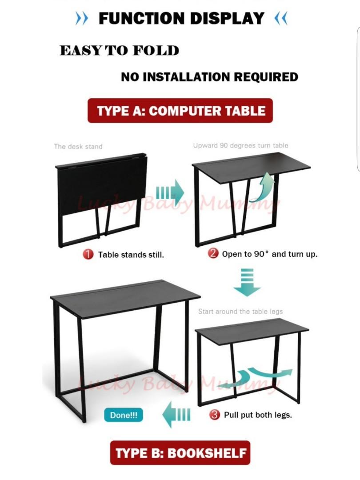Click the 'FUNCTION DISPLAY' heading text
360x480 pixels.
coord(181,19)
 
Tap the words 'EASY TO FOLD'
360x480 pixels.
coord(119,51)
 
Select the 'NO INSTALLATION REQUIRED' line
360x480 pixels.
coord(209,77)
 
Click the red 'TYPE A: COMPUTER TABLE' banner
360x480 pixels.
coord(180,111)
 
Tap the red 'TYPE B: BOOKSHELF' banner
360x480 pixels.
coord(180,453)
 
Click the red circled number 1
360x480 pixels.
coord(88,255)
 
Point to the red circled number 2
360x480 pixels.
coord(214,254)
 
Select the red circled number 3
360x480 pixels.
coord(215,415)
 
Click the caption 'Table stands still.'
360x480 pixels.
coord(131,255)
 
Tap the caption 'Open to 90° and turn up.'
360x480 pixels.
coord(270,255)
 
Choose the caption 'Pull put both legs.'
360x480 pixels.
coord(258,415)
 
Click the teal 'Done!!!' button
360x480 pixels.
coord(124,416)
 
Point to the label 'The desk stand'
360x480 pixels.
coord(78,146)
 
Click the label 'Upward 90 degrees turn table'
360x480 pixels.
coord(240,145)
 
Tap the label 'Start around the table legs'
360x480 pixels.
coord(240,312)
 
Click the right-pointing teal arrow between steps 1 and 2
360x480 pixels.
coord(170,193)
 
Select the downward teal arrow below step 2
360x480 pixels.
coord(247,282)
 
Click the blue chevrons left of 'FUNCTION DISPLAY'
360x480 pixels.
coord(82,19)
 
